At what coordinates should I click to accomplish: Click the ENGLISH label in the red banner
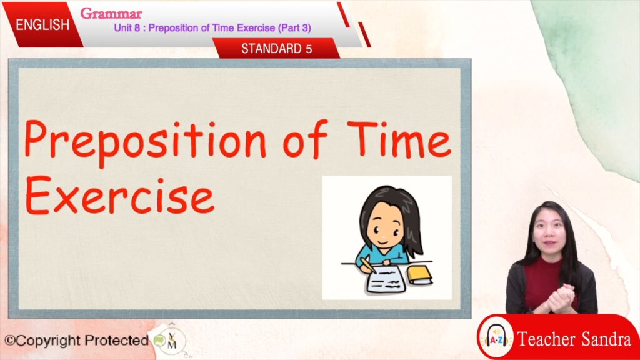(42, 25)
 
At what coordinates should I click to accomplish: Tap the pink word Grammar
(111, 14)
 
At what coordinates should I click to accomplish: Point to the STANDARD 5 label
(276, 49)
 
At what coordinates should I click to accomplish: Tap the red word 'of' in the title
(305, 139)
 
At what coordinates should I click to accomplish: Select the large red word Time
(399, 139)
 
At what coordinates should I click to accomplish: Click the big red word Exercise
(119, 196)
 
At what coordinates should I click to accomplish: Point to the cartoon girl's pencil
(367, 264)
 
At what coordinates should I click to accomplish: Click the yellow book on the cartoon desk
(419, 276)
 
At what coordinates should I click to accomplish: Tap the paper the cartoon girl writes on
(386, 279)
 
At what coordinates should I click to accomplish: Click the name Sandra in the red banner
(606, 339)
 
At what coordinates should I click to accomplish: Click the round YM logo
(171, 341)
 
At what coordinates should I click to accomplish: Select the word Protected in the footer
(116, 340)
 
